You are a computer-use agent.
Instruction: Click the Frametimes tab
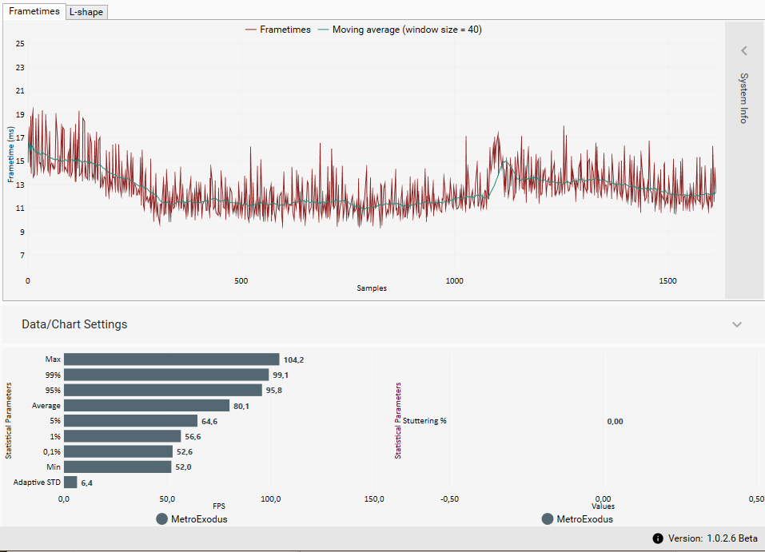[34, 12]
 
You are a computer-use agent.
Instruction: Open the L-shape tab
[86, 12]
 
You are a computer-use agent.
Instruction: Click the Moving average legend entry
[400, 30]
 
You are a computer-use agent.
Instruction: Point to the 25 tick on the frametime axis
[20, 43]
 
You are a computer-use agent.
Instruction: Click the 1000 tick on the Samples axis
[454, 280]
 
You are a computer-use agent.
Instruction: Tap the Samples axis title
[372, 288]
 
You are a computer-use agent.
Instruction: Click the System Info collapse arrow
[743, 51]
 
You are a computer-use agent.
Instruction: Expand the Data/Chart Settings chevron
[737, 324]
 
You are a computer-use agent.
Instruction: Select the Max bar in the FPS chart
[171, 359]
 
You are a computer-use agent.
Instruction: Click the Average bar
[146, 406]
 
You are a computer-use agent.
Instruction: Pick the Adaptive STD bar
[70, 483]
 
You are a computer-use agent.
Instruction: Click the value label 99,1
[281, 375]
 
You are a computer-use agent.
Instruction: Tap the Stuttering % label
[424, 421]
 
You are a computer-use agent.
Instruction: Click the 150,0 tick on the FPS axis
[374, 499]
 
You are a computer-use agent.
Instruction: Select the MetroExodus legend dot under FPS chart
[161, 518]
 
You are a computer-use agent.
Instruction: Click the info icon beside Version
[658, 538]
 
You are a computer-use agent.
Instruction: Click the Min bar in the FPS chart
[118, 467]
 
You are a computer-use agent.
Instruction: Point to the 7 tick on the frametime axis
[22, 256]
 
